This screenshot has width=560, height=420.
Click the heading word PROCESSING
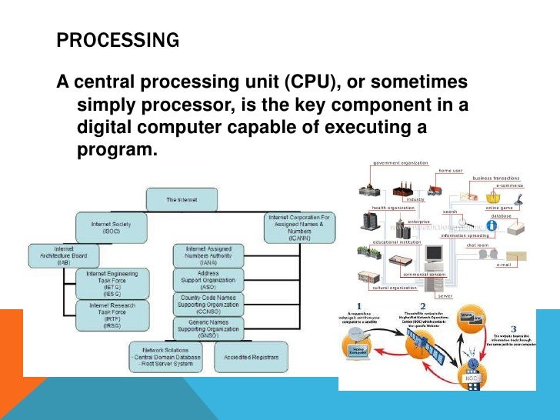point(118,40)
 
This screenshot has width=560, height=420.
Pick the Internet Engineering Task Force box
point(112,283)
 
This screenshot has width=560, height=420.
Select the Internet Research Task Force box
point(112,315)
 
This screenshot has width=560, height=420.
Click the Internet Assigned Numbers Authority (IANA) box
point(208,256)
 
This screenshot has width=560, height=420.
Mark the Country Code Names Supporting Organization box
point(208,304)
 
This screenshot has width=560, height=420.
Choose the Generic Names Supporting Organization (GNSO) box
point(208,328)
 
